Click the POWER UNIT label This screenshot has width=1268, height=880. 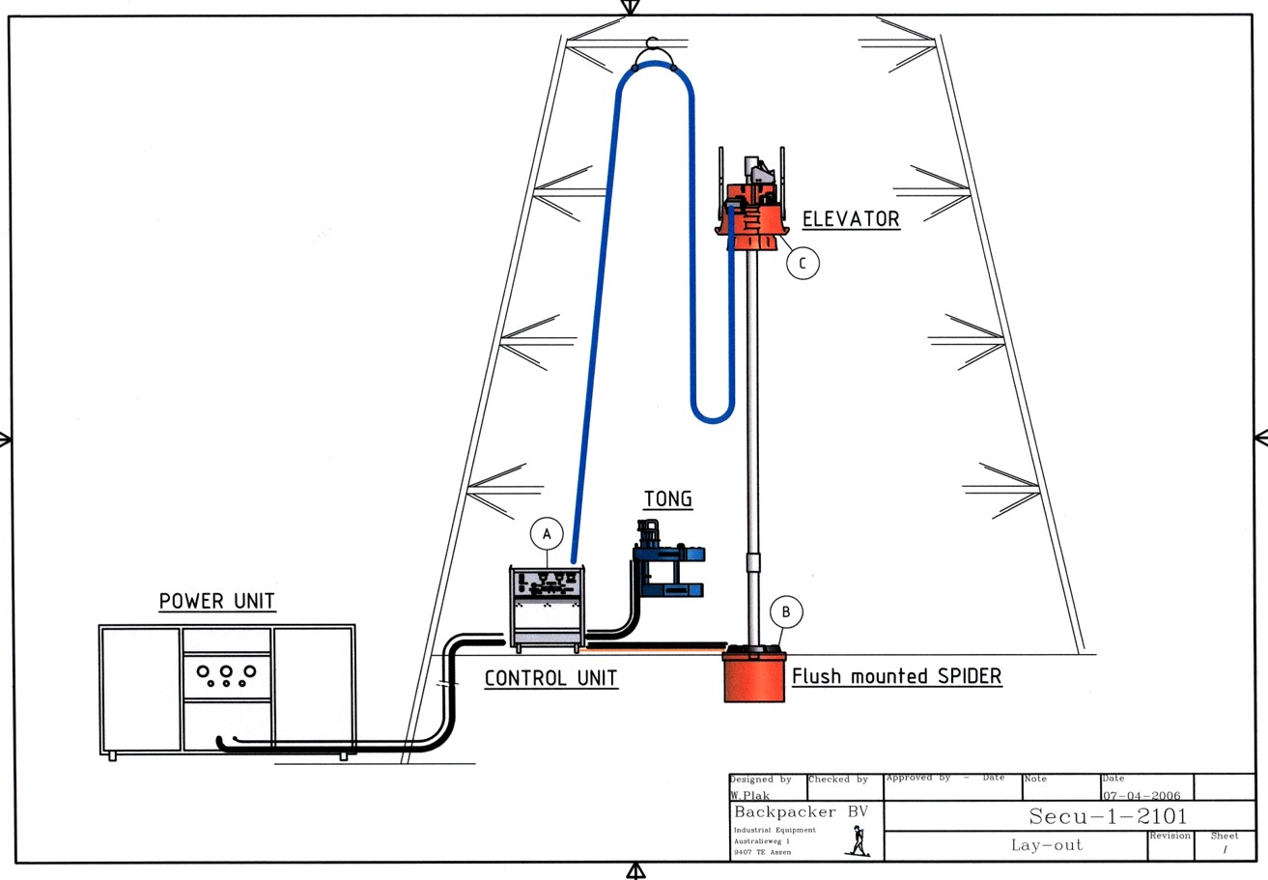point(217,601)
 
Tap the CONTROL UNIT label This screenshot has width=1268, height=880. point(550,678)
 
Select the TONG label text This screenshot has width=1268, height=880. point(668,499)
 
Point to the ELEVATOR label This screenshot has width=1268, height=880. point(851,219)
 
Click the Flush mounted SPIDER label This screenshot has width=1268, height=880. point(896,676)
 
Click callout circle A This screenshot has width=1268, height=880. point(547,533)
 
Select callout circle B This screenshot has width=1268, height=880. point(786,611)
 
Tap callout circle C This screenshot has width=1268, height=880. point(802,262)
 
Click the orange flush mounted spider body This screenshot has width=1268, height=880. point(754,676)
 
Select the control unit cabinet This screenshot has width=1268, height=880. point(547,609)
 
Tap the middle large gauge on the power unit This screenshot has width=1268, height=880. point(226,670)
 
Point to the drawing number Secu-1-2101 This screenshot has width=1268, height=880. point(1108,816)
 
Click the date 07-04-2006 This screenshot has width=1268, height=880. point(1141,796)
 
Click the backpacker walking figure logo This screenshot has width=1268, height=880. point(856,843)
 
